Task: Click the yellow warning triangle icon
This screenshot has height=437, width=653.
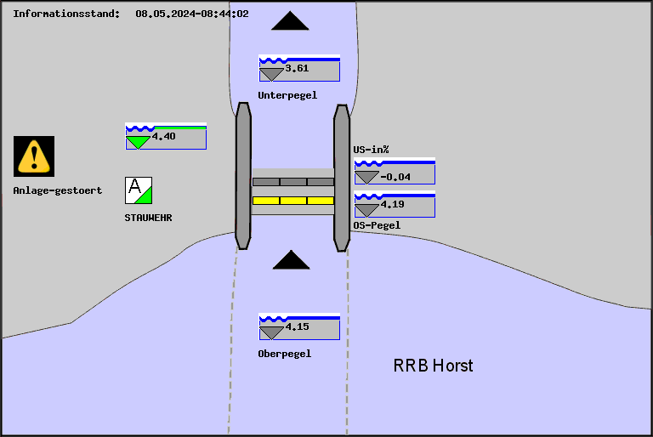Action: [34, 156]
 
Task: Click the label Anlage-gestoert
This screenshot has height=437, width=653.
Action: [58, 190]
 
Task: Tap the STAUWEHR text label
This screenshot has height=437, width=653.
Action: [149, 218]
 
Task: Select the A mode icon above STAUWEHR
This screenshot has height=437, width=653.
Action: [138, 190]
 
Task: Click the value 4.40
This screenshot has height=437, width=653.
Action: [164, 136]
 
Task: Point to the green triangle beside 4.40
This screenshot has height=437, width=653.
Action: [137, 142]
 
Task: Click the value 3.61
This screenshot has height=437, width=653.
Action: [297, 68]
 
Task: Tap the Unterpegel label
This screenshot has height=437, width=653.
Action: [287, 95]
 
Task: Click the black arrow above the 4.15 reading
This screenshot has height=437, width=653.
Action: [291, 260]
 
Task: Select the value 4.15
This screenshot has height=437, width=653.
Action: [297, 326]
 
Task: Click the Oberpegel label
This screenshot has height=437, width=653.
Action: [285, 354]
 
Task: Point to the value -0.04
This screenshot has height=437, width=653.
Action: [395, 177]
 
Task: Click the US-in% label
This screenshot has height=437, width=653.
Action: [372, 150]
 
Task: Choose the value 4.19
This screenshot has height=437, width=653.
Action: [393, 205]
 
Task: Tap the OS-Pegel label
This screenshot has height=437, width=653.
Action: [377, 225]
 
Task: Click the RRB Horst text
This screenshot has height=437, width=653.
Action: [433, 366]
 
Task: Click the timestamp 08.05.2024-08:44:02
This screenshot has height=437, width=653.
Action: [192, 14]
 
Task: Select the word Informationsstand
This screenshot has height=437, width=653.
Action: [66, 14]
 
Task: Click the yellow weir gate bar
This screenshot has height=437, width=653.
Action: [293, 201]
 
